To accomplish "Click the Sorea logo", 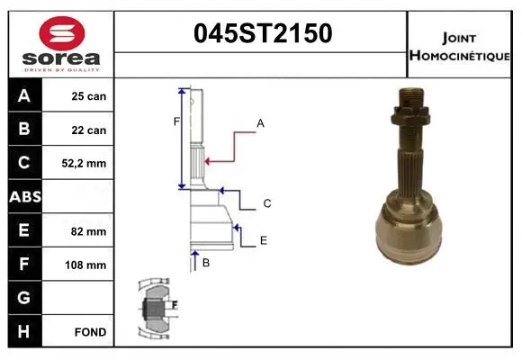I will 61,43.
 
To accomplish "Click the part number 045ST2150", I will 263,33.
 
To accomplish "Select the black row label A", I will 23,95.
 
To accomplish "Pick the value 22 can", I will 89,130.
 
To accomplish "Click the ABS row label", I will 24,197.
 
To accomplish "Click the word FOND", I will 90,332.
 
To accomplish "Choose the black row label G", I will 23,298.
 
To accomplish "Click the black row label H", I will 23,331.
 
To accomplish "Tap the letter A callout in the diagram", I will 260,122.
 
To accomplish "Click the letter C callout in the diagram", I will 267,204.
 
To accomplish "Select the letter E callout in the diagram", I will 263,240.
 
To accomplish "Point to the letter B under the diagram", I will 205,263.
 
